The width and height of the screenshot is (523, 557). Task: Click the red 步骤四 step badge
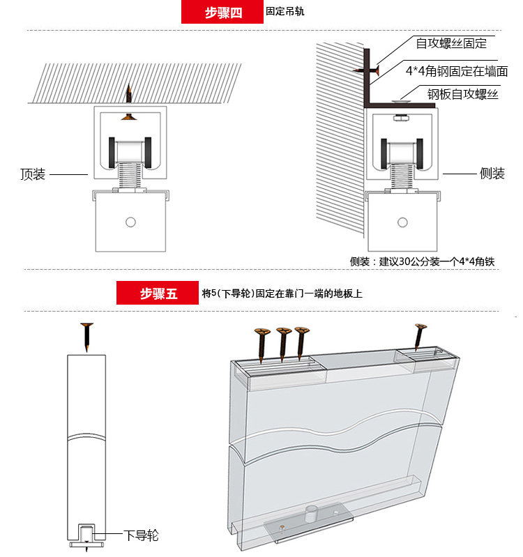coord(222,13)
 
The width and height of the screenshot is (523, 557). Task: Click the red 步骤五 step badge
coord(158,293)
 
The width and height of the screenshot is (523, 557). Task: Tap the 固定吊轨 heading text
coord(285,12)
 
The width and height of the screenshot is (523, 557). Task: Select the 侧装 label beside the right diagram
coord(492,174)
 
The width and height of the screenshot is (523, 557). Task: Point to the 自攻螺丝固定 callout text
coord(451,43)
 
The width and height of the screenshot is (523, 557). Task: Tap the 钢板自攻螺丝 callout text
coord(463,93)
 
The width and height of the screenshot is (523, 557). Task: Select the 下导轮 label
coord(141,535)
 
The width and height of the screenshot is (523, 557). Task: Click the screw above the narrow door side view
coord(86,337)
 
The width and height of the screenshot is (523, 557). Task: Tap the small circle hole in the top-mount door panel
coord(129,222)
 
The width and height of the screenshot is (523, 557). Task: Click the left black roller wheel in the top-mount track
coord(112,150)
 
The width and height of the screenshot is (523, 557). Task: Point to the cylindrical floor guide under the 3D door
coord(307,516)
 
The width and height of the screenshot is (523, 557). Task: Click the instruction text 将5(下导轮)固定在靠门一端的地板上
coord(282,293)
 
